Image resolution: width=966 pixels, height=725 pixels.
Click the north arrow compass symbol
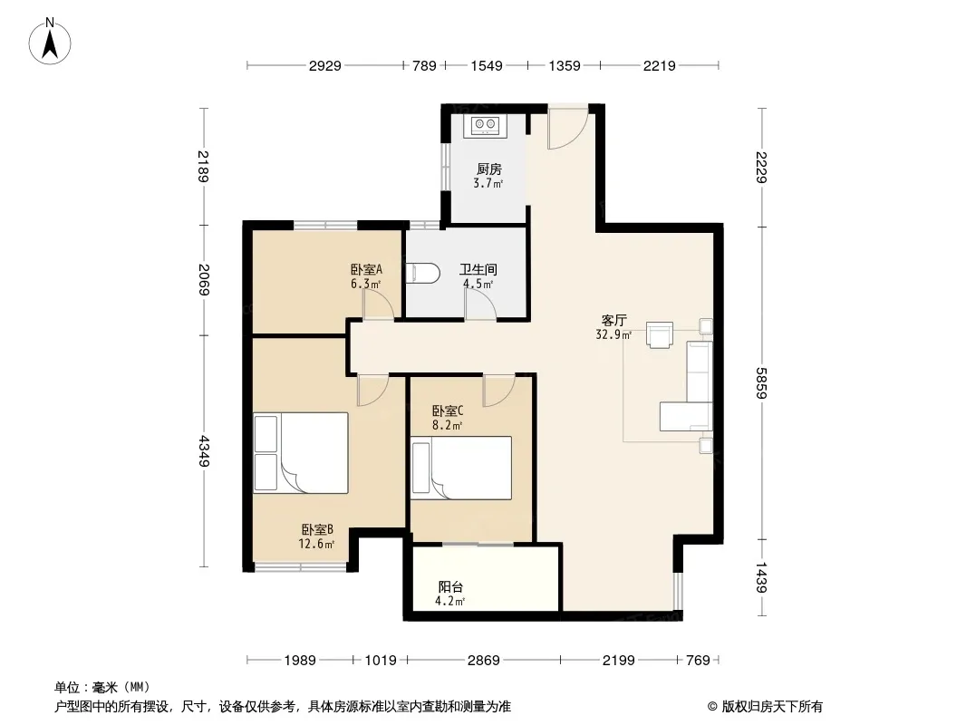click(x=50, y=42)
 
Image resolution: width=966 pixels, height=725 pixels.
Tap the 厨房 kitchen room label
click(x=489, y=169)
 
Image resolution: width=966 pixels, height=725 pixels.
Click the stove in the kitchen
click(x=485, y=126)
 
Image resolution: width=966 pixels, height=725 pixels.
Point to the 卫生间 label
click(x=478, y=269)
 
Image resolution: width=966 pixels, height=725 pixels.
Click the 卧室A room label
click(x=367, y=269)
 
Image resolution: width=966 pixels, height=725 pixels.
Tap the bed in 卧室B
click(x=301, y=453)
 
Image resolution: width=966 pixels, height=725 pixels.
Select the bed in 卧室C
click(x=461, y=469)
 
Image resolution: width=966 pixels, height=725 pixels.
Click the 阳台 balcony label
click(x=450, y=587)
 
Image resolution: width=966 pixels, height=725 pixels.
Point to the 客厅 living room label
click(x=614, y=320)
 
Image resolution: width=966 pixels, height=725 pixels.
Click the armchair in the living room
click(x=659, y=334)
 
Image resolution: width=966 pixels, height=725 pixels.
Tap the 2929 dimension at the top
click(x=324, y=65)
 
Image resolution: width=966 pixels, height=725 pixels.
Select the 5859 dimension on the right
click(x=762, y=382)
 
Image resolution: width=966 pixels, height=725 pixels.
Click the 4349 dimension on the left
click(x=204, y=451)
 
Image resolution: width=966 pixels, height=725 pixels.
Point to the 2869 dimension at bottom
click(x=484, y=661)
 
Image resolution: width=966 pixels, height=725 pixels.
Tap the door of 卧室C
click(x=499, y=391)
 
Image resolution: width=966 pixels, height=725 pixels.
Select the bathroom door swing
click(x=480, y=304)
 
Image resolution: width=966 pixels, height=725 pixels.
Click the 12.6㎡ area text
click(x=316, y=544)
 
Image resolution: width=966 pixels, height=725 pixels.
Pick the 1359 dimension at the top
click(x=565, y=65)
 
